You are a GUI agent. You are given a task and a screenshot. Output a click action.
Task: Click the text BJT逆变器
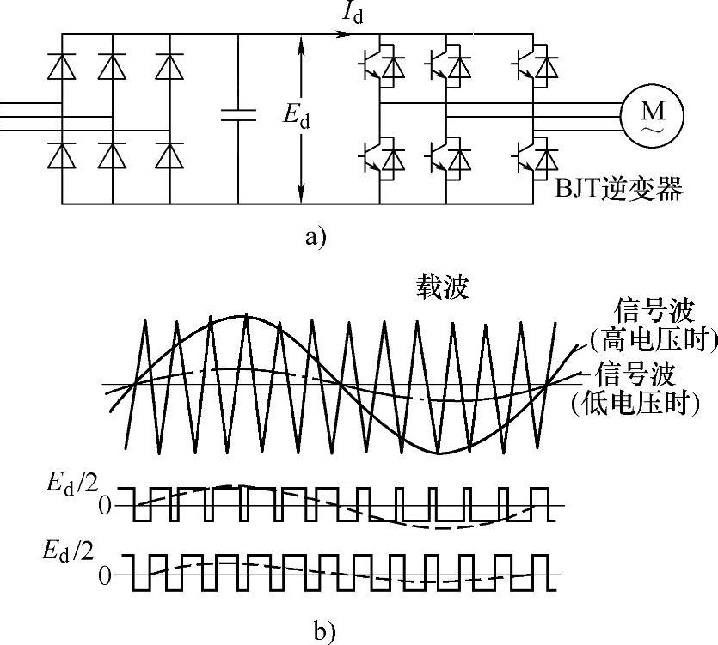point(618,187)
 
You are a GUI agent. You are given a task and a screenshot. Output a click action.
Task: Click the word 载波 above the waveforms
point(438,288)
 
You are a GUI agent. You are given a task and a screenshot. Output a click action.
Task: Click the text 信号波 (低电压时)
point(636,388)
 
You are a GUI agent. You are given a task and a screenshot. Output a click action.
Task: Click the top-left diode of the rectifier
point(62,64)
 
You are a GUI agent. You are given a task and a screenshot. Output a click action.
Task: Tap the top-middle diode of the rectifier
point(112,64)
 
